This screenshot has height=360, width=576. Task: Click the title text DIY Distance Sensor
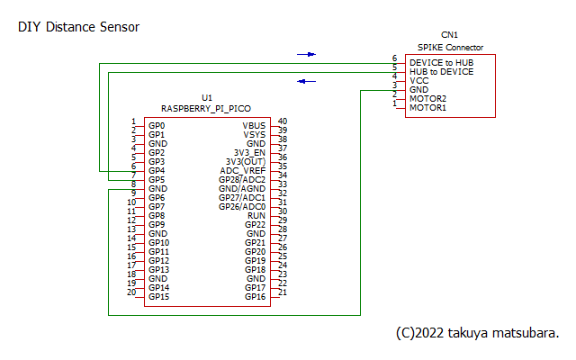click(78, 28)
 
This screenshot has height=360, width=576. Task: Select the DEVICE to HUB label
click(441, 62)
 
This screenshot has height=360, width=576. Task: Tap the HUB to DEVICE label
click(441, 71)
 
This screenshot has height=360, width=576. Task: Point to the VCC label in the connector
click(418, 80)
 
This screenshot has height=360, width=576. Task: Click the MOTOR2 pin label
click(427, 98)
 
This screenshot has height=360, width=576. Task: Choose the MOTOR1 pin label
click(427, 108)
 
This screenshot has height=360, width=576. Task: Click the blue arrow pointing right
click(307, 54)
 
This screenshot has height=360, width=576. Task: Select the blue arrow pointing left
click(307, 81)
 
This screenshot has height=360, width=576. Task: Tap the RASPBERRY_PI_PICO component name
click(207, 107)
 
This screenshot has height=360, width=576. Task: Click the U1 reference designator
click(207, 97)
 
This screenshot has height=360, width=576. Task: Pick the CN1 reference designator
click(449, 34)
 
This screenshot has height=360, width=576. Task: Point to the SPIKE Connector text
click(450, 47)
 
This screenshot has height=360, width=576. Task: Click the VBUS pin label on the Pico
click(254, 125)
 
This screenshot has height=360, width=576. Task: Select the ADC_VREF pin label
click(243, 170)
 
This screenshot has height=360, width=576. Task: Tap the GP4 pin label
click(157, 170)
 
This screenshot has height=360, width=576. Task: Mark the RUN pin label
click(256, 215)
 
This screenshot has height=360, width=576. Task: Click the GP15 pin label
click(158, 296)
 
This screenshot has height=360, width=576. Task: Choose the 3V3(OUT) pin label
click(246, 161)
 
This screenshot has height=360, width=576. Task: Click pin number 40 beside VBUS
click(282, 121)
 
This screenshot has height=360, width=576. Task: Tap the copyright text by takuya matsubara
click(477, 332)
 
